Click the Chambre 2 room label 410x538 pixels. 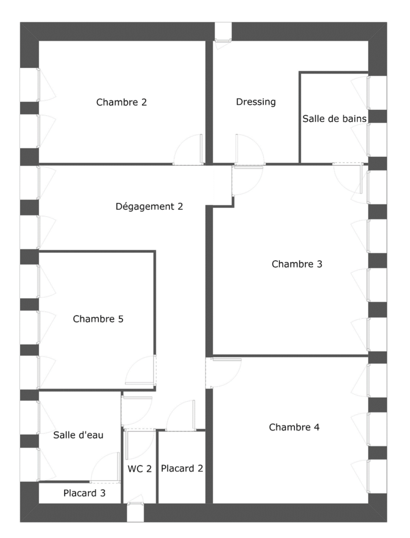tap(121, 102)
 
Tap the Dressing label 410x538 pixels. tap(256, 102)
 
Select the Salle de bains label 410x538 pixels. tap(335, 119)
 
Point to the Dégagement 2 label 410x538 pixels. tap(149, 206)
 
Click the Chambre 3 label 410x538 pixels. tap(297, 264)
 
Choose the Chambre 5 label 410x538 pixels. tap(98, 319)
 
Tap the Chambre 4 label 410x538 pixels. tap(294, 427)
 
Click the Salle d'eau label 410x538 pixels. tap(78, 435)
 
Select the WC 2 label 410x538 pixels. tap(140, 469)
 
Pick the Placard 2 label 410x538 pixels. tap(182, 468)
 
